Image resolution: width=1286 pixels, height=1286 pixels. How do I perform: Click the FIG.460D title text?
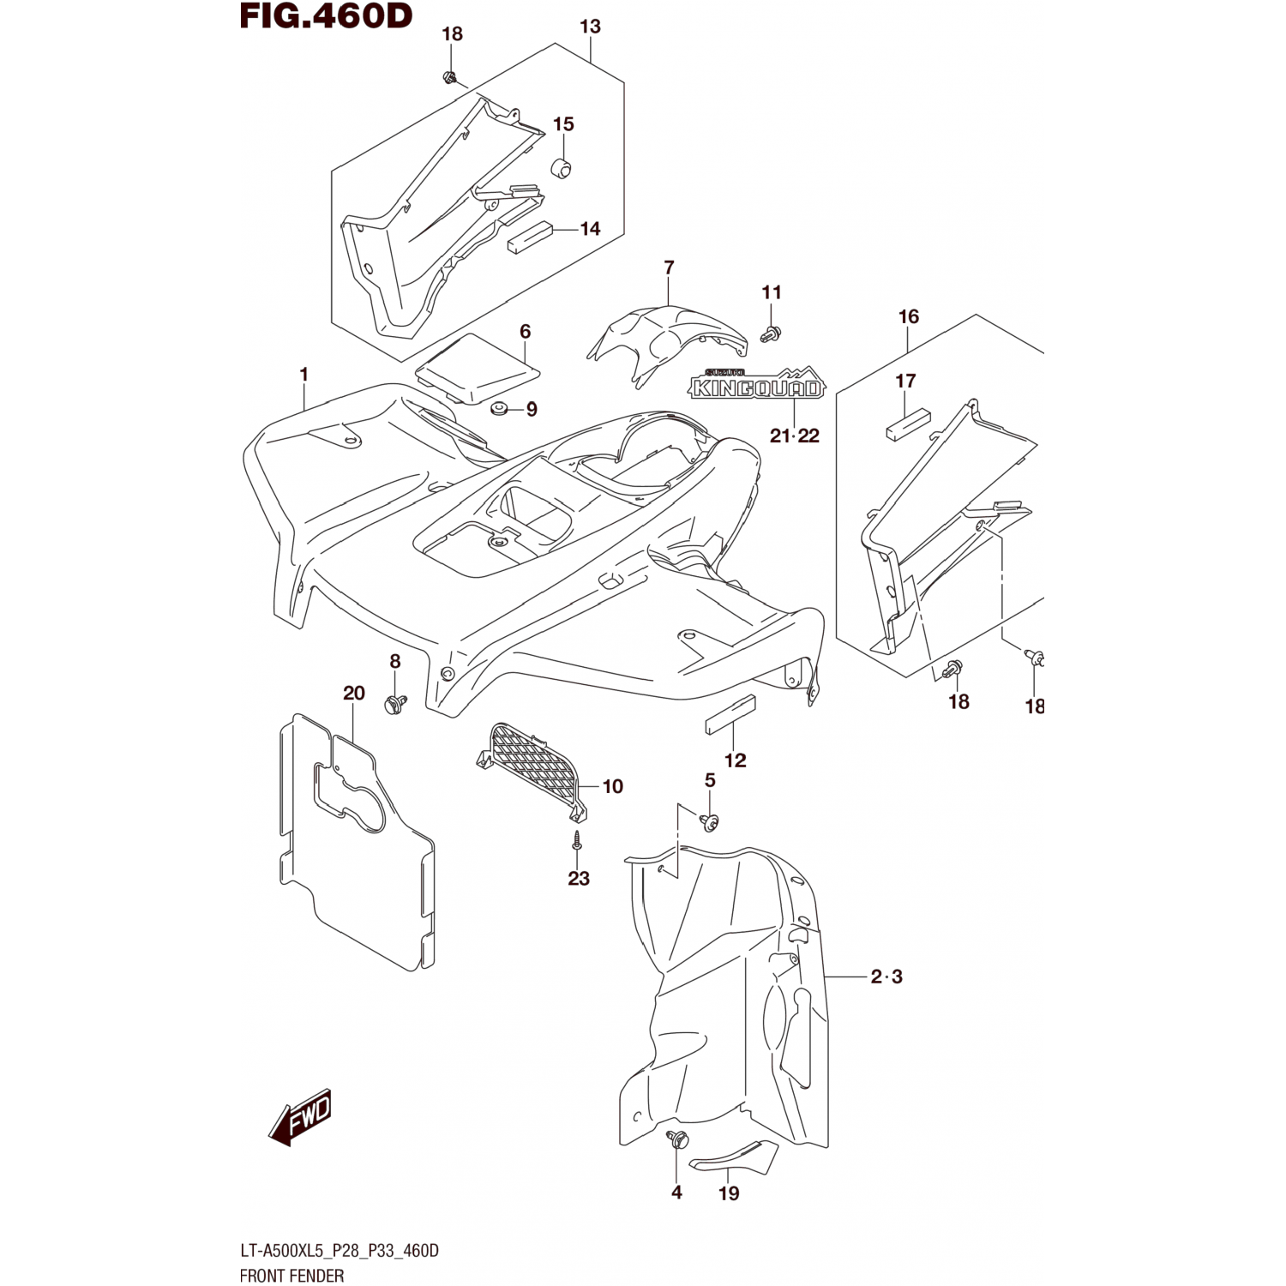(x=326, y=15)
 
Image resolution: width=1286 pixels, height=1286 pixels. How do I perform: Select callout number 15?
(x=563, y=124)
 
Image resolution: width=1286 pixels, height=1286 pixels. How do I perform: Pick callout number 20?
(x=354, y=694)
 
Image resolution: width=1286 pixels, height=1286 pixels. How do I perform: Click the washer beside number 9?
(x=498, y=408)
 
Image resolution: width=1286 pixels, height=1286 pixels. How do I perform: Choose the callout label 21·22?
(x=795, y=436)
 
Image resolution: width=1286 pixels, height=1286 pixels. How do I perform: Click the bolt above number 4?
(x=678, y=1140)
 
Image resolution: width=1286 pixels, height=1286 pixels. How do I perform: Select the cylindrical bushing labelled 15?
(x=562, y=168)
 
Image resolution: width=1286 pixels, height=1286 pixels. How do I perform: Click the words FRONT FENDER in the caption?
(x=291, y=1276)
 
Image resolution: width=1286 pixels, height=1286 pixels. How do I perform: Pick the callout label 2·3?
(x=886, y=977)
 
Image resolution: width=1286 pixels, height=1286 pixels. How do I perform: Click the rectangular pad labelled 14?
(x=529, y=237)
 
